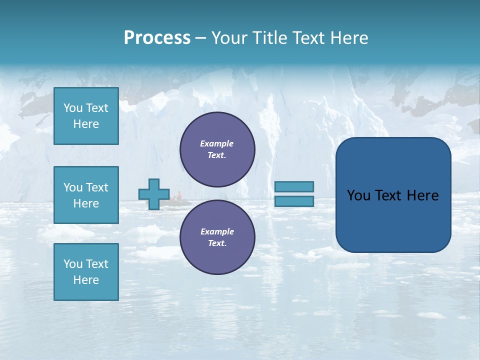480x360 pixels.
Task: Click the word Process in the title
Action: point(157,38)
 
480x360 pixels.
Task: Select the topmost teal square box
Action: point(86,116)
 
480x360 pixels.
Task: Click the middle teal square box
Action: point(86,195)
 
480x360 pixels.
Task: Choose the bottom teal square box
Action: point(86,272)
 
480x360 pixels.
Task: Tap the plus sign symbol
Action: point(154,194)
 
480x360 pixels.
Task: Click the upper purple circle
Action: point(217,149)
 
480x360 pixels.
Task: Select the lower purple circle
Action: point(217,237)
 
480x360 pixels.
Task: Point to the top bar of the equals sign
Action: point(294,186)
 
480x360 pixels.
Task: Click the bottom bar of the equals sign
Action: point(294,201)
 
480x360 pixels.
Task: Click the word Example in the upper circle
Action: point(217,143)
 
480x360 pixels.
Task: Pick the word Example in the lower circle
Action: point(217,231)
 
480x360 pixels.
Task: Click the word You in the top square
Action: point(72,108)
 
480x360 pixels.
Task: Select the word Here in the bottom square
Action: point(86,280)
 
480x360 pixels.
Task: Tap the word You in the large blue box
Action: point(358,195)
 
